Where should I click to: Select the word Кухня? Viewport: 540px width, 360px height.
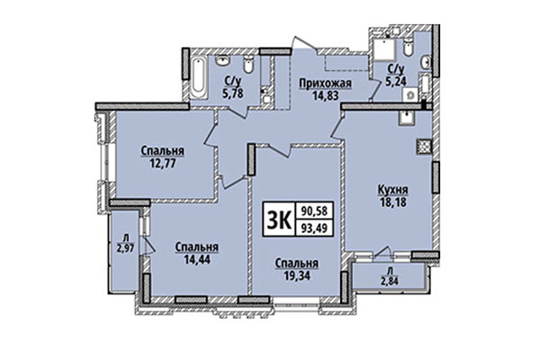pyautogui.click(x=394, y=191)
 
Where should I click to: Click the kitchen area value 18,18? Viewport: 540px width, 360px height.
pyautogui.click(x=394, y=204)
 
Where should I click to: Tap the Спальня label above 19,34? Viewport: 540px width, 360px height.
pyautogui.click(x=297, y=264)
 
